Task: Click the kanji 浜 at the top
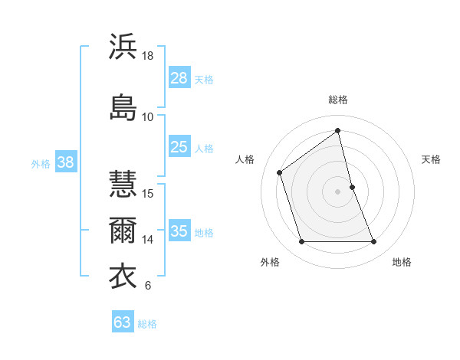coord(123,47)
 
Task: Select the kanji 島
coord(123,106)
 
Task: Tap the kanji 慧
coord(123,184)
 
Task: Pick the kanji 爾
coord(123,230)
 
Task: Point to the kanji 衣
coord(123,276)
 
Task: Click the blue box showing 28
coord(179,77)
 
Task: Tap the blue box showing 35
coord(179,231)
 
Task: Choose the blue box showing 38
coord(65,162)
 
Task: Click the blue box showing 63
coord(123,322)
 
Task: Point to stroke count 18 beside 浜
coord(148,56)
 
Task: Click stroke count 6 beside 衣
coord(147,286)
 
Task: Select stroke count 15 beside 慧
coord(148,193)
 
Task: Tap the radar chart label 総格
coord(338,100)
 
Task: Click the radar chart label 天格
coord(431,159)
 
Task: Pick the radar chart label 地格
coord(402,262)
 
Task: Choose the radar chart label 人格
coord(245,159)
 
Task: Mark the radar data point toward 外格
coord(301,242)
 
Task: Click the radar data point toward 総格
coord(337,130)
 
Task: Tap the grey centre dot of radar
coord(337,191)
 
